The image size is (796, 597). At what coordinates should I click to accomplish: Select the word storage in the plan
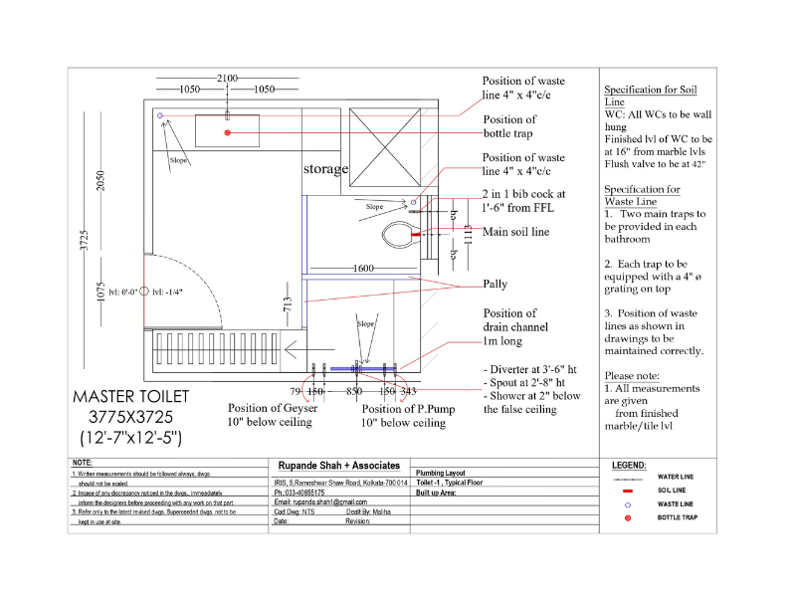(325, 169)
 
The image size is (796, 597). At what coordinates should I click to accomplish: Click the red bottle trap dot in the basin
(228, 132)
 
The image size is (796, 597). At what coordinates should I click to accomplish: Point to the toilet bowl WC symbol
(400, 236)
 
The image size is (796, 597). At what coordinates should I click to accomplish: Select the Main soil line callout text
(515, 233)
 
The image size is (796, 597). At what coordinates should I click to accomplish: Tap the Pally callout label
(495, 285)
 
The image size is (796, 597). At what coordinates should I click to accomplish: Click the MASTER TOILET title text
(130, 397)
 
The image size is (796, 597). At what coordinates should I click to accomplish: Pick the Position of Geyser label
(271, 408)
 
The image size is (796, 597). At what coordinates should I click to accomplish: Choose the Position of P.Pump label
(403, 409)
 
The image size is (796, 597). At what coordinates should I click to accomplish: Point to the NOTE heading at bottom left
(83, 464)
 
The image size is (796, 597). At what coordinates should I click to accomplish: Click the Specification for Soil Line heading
(642, 96)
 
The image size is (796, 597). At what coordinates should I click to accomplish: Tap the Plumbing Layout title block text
(440, 474)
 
